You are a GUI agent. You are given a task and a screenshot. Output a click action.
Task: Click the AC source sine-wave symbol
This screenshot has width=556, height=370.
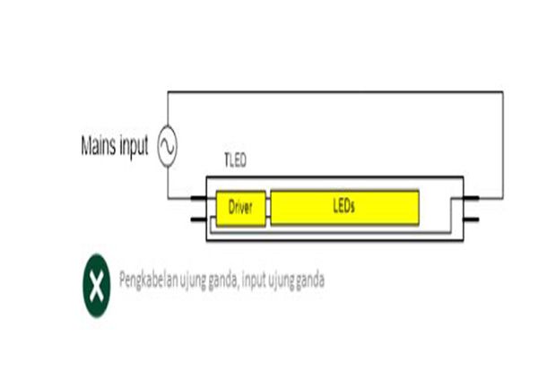pos(168,146)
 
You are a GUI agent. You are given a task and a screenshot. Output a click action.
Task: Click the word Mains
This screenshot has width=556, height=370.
pos(99,145)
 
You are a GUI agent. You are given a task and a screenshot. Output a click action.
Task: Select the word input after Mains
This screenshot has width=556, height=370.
pos(134,146)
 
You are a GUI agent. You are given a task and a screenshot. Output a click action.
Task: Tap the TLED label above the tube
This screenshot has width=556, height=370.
pos(236,160)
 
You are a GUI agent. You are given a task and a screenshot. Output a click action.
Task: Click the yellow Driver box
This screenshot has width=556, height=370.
pos(240,208)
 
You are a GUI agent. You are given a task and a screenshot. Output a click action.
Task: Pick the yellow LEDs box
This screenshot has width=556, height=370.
pos(344,207)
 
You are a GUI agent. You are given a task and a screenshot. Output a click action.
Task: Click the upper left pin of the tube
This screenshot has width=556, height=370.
pos(198,198)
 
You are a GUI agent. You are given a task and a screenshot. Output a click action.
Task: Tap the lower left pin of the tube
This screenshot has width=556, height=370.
pos(198,219)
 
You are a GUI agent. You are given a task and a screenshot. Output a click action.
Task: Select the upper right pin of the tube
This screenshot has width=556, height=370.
pos(471,198)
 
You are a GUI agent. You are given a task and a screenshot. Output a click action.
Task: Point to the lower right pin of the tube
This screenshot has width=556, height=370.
pos(471,219)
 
